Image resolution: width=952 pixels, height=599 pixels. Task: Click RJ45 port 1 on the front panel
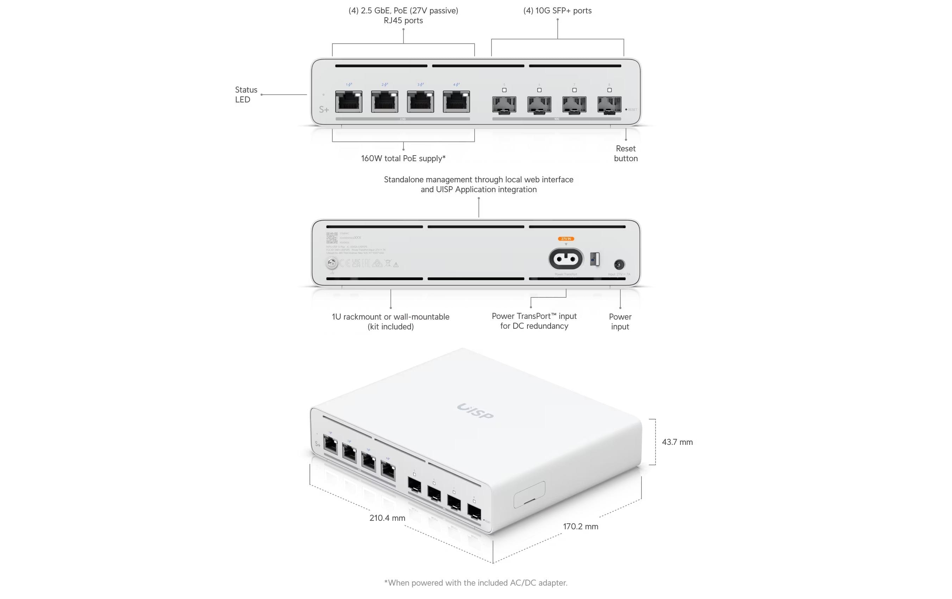click(x=348, y=102)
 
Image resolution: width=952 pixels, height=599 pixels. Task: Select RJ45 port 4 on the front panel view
click(x=456, y=102)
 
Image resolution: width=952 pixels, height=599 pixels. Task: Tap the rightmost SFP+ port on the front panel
click(x=609, y=105)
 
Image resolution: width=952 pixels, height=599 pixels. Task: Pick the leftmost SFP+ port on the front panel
click(x=504, y=105)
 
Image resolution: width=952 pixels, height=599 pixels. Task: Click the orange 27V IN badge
click(x=566, y=239)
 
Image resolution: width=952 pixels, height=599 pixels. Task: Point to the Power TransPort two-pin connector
click(x=566, y=259)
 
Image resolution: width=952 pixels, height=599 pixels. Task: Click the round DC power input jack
click(x=619, y=264)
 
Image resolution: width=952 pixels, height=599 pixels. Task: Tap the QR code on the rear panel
click(x=332, y=238)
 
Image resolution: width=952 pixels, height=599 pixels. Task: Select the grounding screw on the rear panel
click(x=331, y=263)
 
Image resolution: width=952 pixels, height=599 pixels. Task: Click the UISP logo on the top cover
click(x=475, y=411)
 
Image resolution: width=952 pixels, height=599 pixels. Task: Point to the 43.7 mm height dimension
click(x=677, y=442)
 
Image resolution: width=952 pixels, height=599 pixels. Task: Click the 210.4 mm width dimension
click(x=387, y=518)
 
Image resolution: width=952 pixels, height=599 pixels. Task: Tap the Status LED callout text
click(x=246, y=95)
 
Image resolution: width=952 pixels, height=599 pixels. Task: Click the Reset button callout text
click(x=625, y=153)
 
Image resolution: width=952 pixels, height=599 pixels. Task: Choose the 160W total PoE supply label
click(x=403, y=158)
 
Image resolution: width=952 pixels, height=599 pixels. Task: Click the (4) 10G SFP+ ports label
click(x=557, y=11)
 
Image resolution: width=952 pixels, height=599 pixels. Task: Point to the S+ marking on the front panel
click(x=324, y=109)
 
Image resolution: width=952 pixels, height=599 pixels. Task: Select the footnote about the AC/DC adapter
click(x=476, y=583)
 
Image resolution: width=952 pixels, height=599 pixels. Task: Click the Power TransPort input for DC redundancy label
click(x=534, y=321)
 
